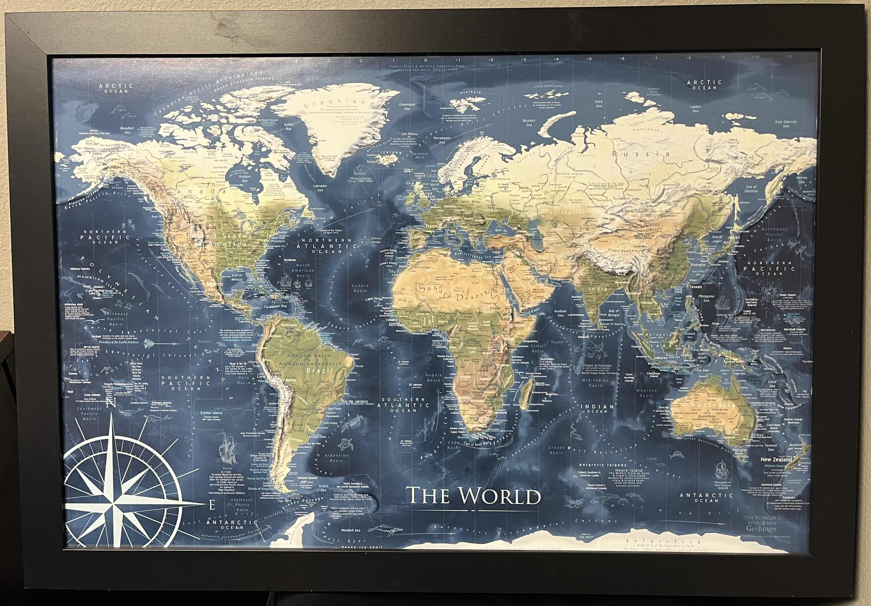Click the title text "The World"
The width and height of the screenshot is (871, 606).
[x=473, y=496]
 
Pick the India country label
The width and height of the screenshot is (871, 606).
[x=597, y=289]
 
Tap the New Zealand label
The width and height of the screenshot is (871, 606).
[x=776, y=459]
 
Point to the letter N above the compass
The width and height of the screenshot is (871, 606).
[x=110, y=402]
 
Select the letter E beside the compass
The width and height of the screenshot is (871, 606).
[x=212, y=506]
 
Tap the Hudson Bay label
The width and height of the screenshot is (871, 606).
[x=245, y=179]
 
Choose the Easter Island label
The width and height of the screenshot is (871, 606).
[x=211, y=413]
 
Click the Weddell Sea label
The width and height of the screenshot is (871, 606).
[x=350, y=530]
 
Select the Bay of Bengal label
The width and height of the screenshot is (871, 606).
[x=613, y=313]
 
